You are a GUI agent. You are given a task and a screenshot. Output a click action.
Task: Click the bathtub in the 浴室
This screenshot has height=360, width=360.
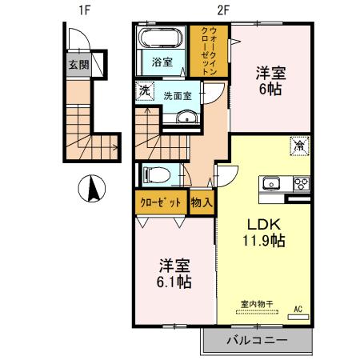(x=162, y=40)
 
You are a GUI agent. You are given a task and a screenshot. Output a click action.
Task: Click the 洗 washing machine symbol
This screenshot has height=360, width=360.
(x=145, y=91)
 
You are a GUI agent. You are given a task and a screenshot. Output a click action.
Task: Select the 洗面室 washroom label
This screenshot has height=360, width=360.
(x=177, y=95)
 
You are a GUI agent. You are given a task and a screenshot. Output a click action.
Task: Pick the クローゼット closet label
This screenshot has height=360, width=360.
(x=160, y=202)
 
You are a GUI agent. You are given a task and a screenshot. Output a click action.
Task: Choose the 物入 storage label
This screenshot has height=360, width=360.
(x=202, y=202)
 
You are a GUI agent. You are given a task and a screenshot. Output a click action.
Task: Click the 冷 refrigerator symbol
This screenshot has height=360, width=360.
(x=298, y=146)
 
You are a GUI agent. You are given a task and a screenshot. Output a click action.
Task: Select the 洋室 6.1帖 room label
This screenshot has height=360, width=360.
(x=173, y=273)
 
